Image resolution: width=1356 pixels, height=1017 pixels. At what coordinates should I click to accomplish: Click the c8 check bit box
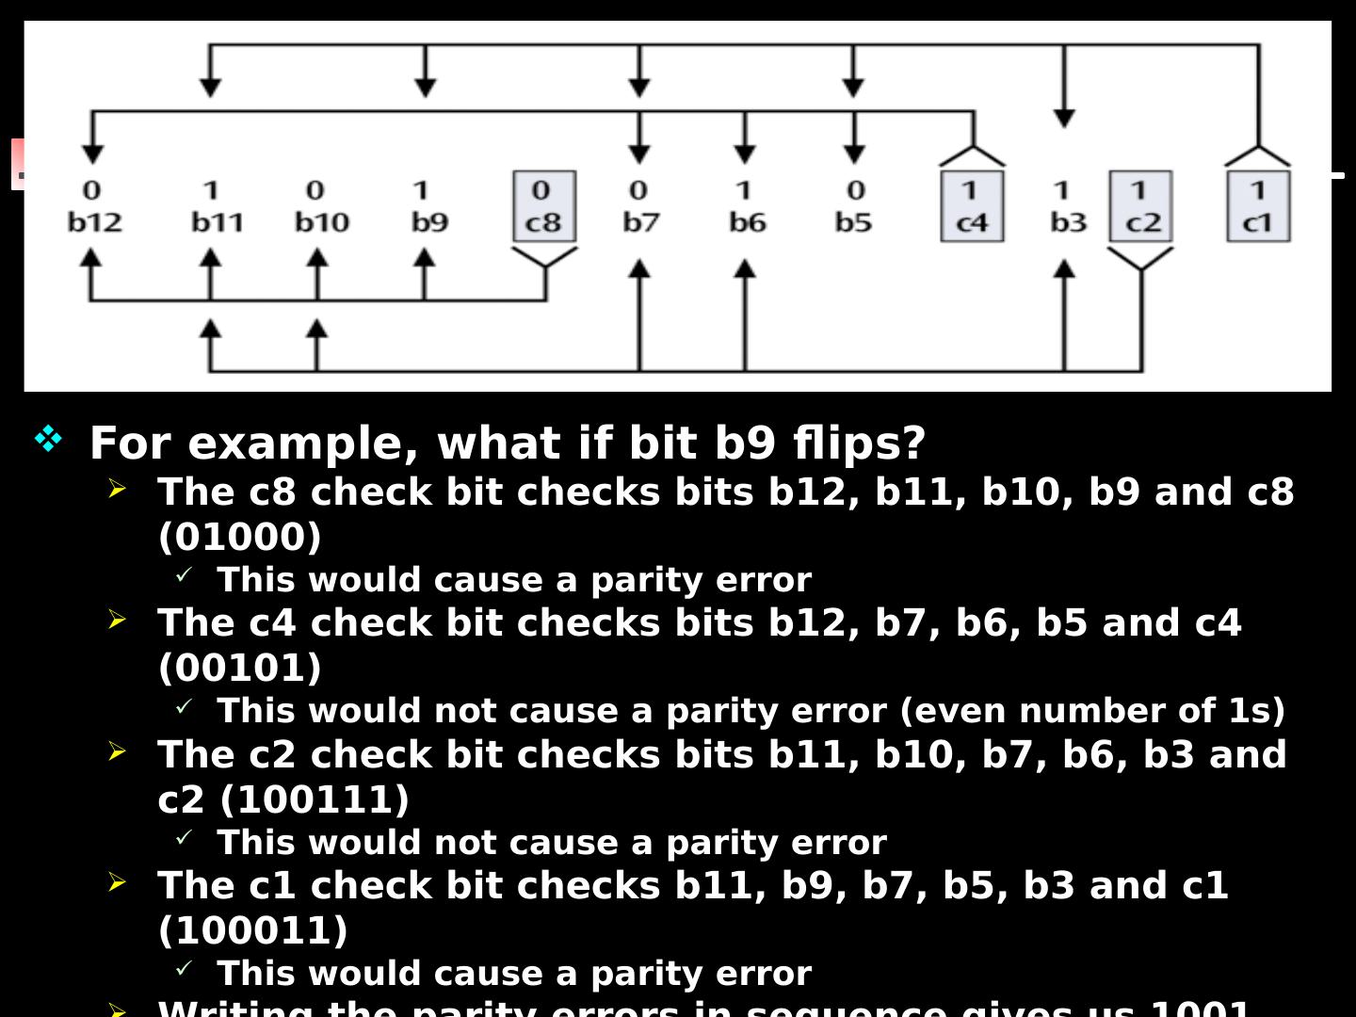543,206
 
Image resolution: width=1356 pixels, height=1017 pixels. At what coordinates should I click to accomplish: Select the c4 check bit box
972,206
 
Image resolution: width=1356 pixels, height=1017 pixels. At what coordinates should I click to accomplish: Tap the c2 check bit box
1140,206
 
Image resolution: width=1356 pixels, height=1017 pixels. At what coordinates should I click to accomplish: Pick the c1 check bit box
1257,206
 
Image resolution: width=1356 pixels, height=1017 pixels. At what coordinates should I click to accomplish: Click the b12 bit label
94,222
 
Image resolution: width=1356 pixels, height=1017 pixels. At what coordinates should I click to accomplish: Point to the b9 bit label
429,222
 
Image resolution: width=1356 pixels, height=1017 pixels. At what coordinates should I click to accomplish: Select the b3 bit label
1068,222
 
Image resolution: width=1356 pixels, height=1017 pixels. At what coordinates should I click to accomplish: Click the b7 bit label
640,222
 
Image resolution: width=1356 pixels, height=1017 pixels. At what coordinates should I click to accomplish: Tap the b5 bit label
853,222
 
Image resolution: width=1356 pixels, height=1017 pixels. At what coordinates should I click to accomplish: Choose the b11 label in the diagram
217,222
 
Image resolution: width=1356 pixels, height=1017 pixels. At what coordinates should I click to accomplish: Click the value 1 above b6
744,190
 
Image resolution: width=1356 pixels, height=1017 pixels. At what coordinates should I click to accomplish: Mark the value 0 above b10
315,190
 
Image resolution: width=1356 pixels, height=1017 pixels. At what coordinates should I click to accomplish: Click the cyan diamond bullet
48,438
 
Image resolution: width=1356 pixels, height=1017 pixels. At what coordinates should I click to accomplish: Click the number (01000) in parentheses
240,537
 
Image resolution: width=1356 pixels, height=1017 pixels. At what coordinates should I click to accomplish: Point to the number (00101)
240,668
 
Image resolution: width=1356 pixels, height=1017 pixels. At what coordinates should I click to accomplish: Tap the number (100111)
315,799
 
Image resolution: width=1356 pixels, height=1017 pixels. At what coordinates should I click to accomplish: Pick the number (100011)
253,930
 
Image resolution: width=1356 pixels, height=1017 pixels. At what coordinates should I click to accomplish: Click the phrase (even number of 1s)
1092,710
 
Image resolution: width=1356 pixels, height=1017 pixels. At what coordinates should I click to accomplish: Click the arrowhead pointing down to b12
92,153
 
